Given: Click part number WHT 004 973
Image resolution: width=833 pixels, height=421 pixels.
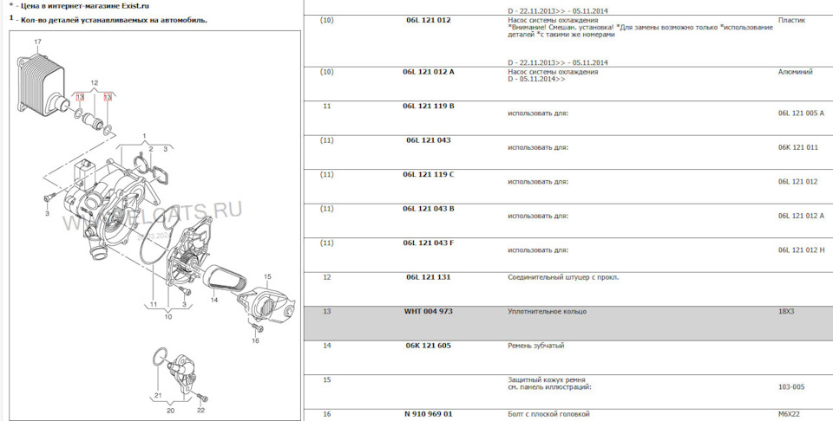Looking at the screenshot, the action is tap(429, 310).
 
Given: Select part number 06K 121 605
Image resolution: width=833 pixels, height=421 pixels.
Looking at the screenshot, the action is tap(429, 345).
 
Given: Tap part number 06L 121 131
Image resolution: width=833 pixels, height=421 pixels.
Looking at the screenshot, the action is tap(428, 277).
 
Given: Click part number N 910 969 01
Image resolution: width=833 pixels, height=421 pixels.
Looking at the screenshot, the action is tap(429, 414).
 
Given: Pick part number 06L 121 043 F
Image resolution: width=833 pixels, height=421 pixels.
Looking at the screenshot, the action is tap(429, 243).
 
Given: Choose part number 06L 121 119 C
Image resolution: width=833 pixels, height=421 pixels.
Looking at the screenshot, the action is tap(429, 174).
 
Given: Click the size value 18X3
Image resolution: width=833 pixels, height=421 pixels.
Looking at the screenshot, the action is tap(788, 310).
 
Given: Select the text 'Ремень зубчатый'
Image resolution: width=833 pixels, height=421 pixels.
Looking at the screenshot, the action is tap(535, 346).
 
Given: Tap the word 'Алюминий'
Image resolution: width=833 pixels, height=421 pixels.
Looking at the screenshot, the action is tap(797, 72).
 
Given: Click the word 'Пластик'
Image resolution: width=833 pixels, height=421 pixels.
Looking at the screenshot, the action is tap(791, 19).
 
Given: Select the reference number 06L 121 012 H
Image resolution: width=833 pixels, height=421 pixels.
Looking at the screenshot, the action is tap(802, 250).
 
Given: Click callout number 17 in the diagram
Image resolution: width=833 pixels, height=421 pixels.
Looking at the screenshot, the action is tap(37, 42).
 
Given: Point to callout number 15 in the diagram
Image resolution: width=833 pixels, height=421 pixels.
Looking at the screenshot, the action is tap(267, 277).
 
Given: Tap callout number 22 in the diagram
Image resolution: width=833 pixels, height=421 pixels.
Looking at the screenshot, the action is tap(200, 410).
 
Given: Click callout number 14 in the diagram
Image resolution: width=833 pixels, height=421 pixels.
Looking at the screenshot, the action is tap(213, 300).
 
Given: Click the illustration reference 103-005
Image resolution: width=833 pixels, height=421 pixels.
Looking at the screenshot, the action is tap(791, 387).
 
